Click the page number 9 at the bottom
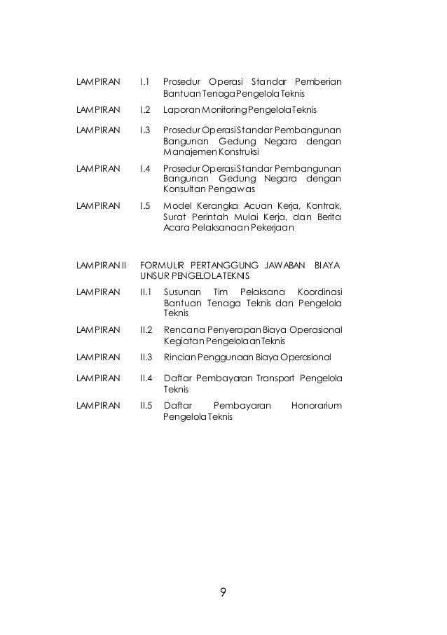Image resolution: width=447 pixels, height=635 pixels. (222, 593)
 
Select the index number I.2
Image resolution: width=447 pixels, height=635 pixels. (146, 111)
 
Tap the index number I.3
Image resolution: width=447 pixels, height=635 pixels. (146, 130)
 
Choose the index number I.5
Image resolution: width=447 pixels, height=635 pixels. (146, 206)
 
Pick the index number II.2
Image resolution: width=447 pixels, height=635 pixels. (147, 330)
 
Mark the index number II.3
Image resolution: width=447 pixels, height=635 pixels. (147, 358)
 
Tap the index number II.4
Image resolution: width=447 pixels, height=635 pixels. (147, 378)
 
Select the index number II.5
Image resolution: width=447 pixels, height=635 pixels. (147, 406)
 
